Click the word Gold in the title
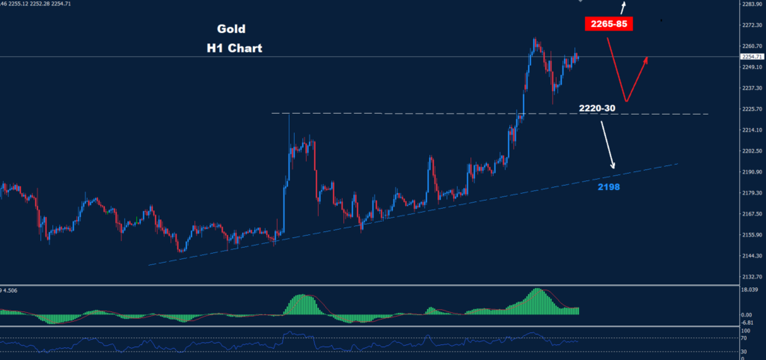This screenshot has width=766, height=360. point(231,30)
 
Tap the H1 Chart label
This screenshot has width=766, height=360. point(235,48)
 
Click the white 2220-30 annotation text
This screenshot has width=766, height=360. point(597,109)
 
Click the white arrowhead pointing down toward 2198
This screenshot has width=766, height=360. point(613,166)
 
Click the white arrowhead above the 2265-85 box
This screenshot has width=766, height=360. point(625,4)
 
